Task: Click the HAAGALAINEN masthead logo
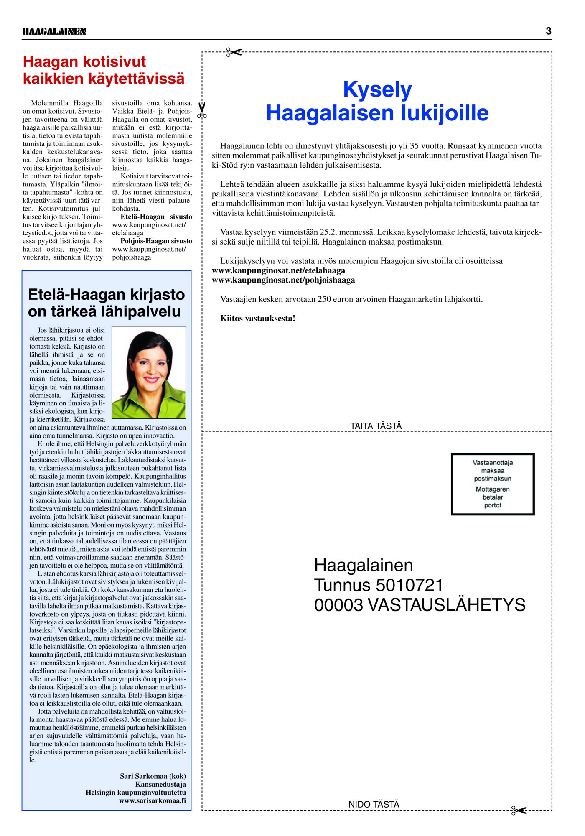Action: [54, 31]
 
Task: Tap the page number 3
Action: [548, 31]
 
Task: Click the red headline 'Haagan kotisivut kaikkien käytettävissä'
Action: [103, 70]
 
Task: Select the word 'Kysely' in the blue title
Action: [377, 90]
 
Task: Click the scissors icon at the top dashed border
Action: [234, 52]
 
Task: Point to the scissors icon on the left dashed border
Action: [202, 110]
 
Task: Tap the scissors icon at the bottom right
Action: [519, 811]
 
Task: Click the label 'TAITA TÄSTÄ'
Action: [376, 426]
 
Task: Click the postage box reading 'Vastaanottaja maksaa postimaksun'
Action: [493, 484]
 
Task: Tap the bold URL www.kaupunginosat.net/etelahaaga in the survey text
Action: [278, 270]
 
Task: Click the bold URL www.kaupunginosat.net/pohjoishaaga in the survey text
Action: [283, 280]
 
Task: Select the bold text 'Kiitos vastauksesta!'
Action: [257, 319]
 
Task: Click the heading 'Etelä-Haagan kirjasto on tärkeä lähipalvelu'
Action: [106, 303]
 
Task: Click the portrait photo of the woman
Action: [149, 372]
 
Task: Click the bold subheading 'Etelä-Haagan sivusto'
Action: [156, 217]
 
